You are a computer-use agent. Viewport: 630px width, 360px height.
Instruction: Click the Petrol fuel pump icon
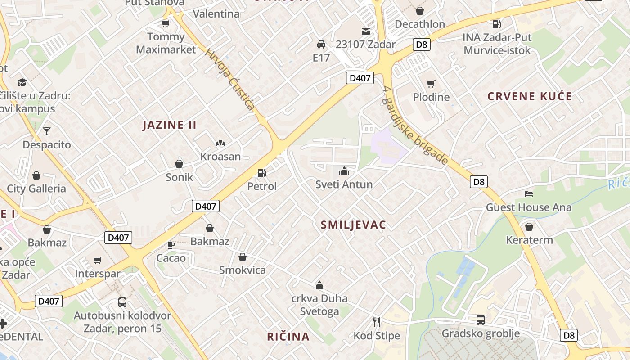261,173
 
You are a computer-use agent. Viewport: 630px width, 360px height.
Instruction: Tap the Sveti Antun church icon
344,171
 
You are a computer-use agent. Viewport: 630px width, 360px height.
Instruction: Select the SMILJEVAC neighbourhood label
353,225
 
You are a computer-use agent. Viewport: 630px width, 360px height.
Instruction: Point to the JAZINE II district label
170,125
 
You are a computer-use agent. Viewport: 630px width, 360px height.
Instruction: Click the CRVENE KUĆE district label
530,96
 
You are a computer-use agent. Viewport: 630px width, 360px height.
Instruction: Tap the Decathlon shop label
420,24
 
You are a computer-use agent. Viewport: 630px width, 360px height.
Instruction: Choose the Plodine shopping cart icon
431,84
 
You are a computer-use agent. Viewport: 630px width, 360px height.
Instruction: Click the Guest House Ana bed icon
529,194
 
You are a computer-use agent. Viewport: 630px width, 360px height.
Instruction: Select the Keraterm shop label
529,240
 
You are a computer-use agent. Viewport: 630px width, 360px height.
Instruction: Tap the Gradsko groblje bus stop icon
481,320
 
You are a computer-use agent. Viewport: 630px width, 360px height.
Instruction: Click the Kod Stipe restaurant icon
377,322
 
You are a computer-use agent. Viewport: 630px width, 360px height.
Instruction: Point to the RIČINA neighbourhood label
288,337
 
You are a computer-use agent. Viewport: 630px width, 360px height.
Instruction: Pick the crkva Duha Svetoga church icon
319,285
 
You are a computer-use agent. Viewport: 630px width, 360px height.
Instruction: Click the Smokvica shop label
242,270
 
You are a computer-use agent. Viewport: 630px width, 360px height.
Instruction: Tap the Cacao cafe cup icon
171,245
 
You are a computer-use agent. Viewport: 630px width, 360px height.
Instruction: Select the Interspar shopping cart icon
98,260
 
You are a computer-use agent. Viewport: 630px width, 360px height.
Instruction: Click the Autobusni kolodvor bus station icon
122,302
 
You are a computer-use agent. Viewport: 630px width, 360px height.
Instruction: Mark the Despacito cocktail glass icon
47,131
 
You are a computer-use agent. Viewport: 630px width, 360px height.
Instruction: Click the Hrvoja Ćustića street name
229,80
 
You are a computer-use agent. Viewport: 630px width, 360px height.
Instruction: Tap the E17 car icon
321,45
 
